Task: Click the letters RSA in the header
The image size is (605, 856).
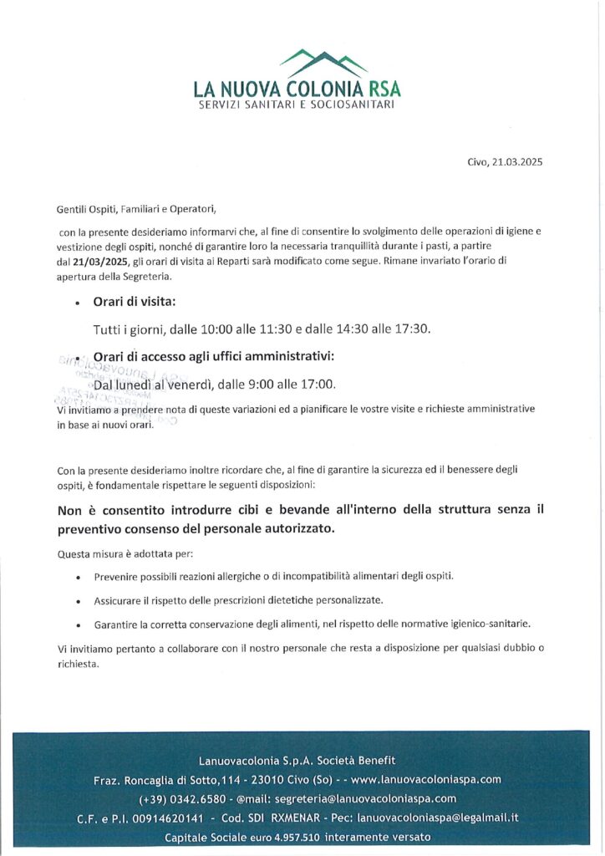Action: tap(381, 88)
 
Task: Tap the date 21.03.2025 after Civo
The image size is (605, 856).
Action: tap(516, 162)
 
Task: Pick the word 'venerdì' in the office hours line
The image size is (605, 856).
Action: tap(191, 385)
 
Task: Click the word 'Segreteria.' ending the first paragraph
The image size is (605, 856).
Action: tap(145, 276)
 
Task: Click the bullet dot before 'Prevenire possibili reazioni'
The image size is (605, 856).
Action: tap(78, 578)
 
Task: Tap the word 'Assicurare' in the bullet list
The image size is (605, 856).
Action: tap(120, 600)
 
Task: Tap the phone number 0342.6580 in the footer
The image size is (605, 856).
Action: tap(198, 798)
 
